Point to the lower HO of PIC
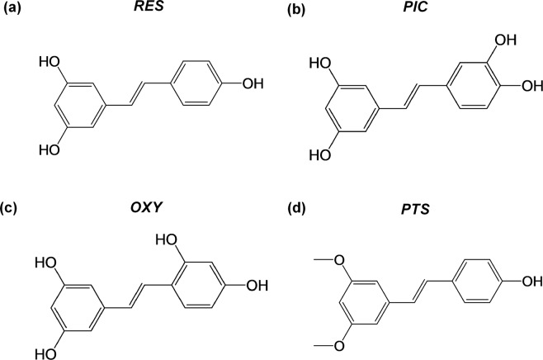(x=319, y=154)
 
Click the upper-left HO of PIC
(x=319, y=62)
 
